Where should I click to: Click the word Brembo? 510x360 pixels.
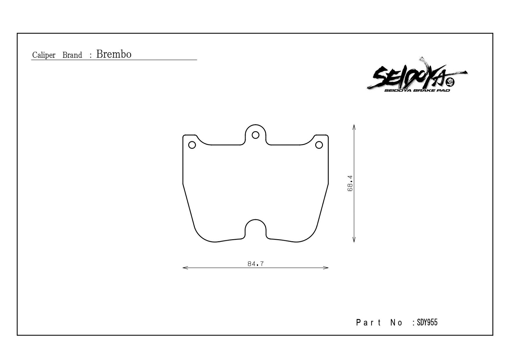[114, 54]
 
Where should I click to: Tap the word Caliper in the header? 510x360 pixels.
[44, 55]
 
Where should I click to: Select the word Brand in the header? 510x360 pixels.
[72, 55]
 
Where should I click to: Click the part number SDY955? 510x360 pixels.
[427, 322]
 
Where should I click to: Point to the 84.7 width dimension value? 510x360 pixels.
[256, 264]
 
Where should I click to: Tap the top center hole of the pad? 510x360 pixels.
[255, 135]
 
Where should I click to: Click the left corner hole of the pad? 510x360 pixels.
[192, 145]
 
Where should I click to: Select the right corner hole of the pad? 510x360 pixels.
[319, 145]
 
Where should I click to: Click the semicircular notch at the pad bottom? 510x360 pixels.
[255, 220]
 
